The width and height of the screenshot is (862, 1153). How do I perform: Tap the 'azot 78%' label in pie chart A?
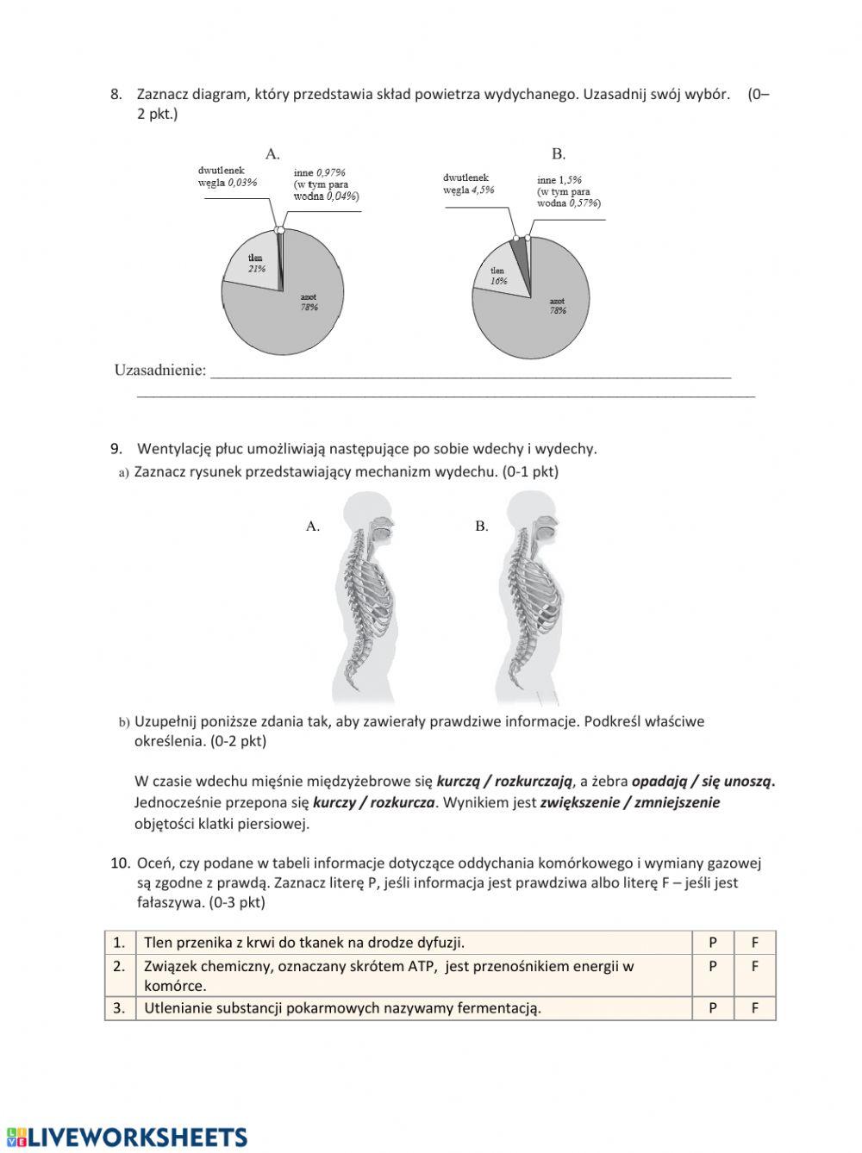coord(309,302)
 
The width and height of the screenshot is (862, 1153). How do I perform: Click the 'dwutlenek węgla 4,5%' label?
coord(468,184)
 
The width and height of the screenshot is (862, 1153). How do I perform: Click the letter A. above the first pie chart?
coord(272,154)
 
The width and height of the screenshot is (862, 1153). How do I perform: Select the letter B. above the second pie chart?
coord(559,154)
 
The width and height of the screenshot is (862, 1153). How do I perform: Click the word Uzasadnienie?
coord(160,371)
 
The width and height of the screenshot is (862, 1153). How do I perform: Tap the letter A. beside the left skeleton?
coord(313,526)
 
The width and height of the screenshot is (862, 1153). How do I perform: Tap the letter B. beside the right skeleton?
coord(482,526)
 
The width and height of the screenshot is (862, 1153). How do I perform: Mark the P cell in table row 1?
coord(713,943)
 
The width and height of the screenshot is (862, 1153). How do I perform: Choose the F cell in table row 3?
coord(754,1008)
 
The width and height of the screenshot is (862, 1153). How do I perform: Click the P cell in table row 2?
coord(713,966)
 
